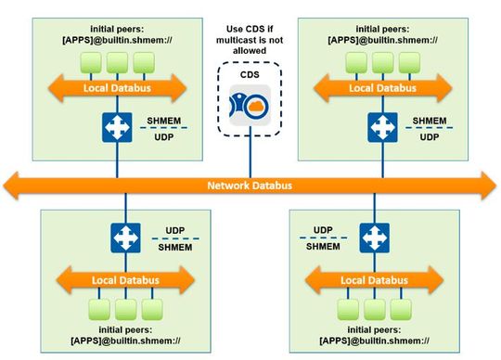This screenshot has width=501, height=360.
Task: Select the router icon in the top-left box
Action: click(116, 126)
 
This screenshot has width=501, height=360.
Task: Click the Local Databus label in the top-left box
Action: click(116, 89)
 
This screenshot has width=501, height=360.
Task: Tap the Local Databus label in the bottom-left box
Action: click(122, 277)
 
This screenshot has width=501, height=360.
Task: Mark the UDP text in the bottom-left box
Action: click(173, 229)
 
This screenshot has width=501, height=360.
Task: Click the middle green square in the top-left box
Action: click(116, 62)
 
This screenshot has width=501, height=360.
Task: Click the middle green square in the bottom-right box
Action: click(374, 307)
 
